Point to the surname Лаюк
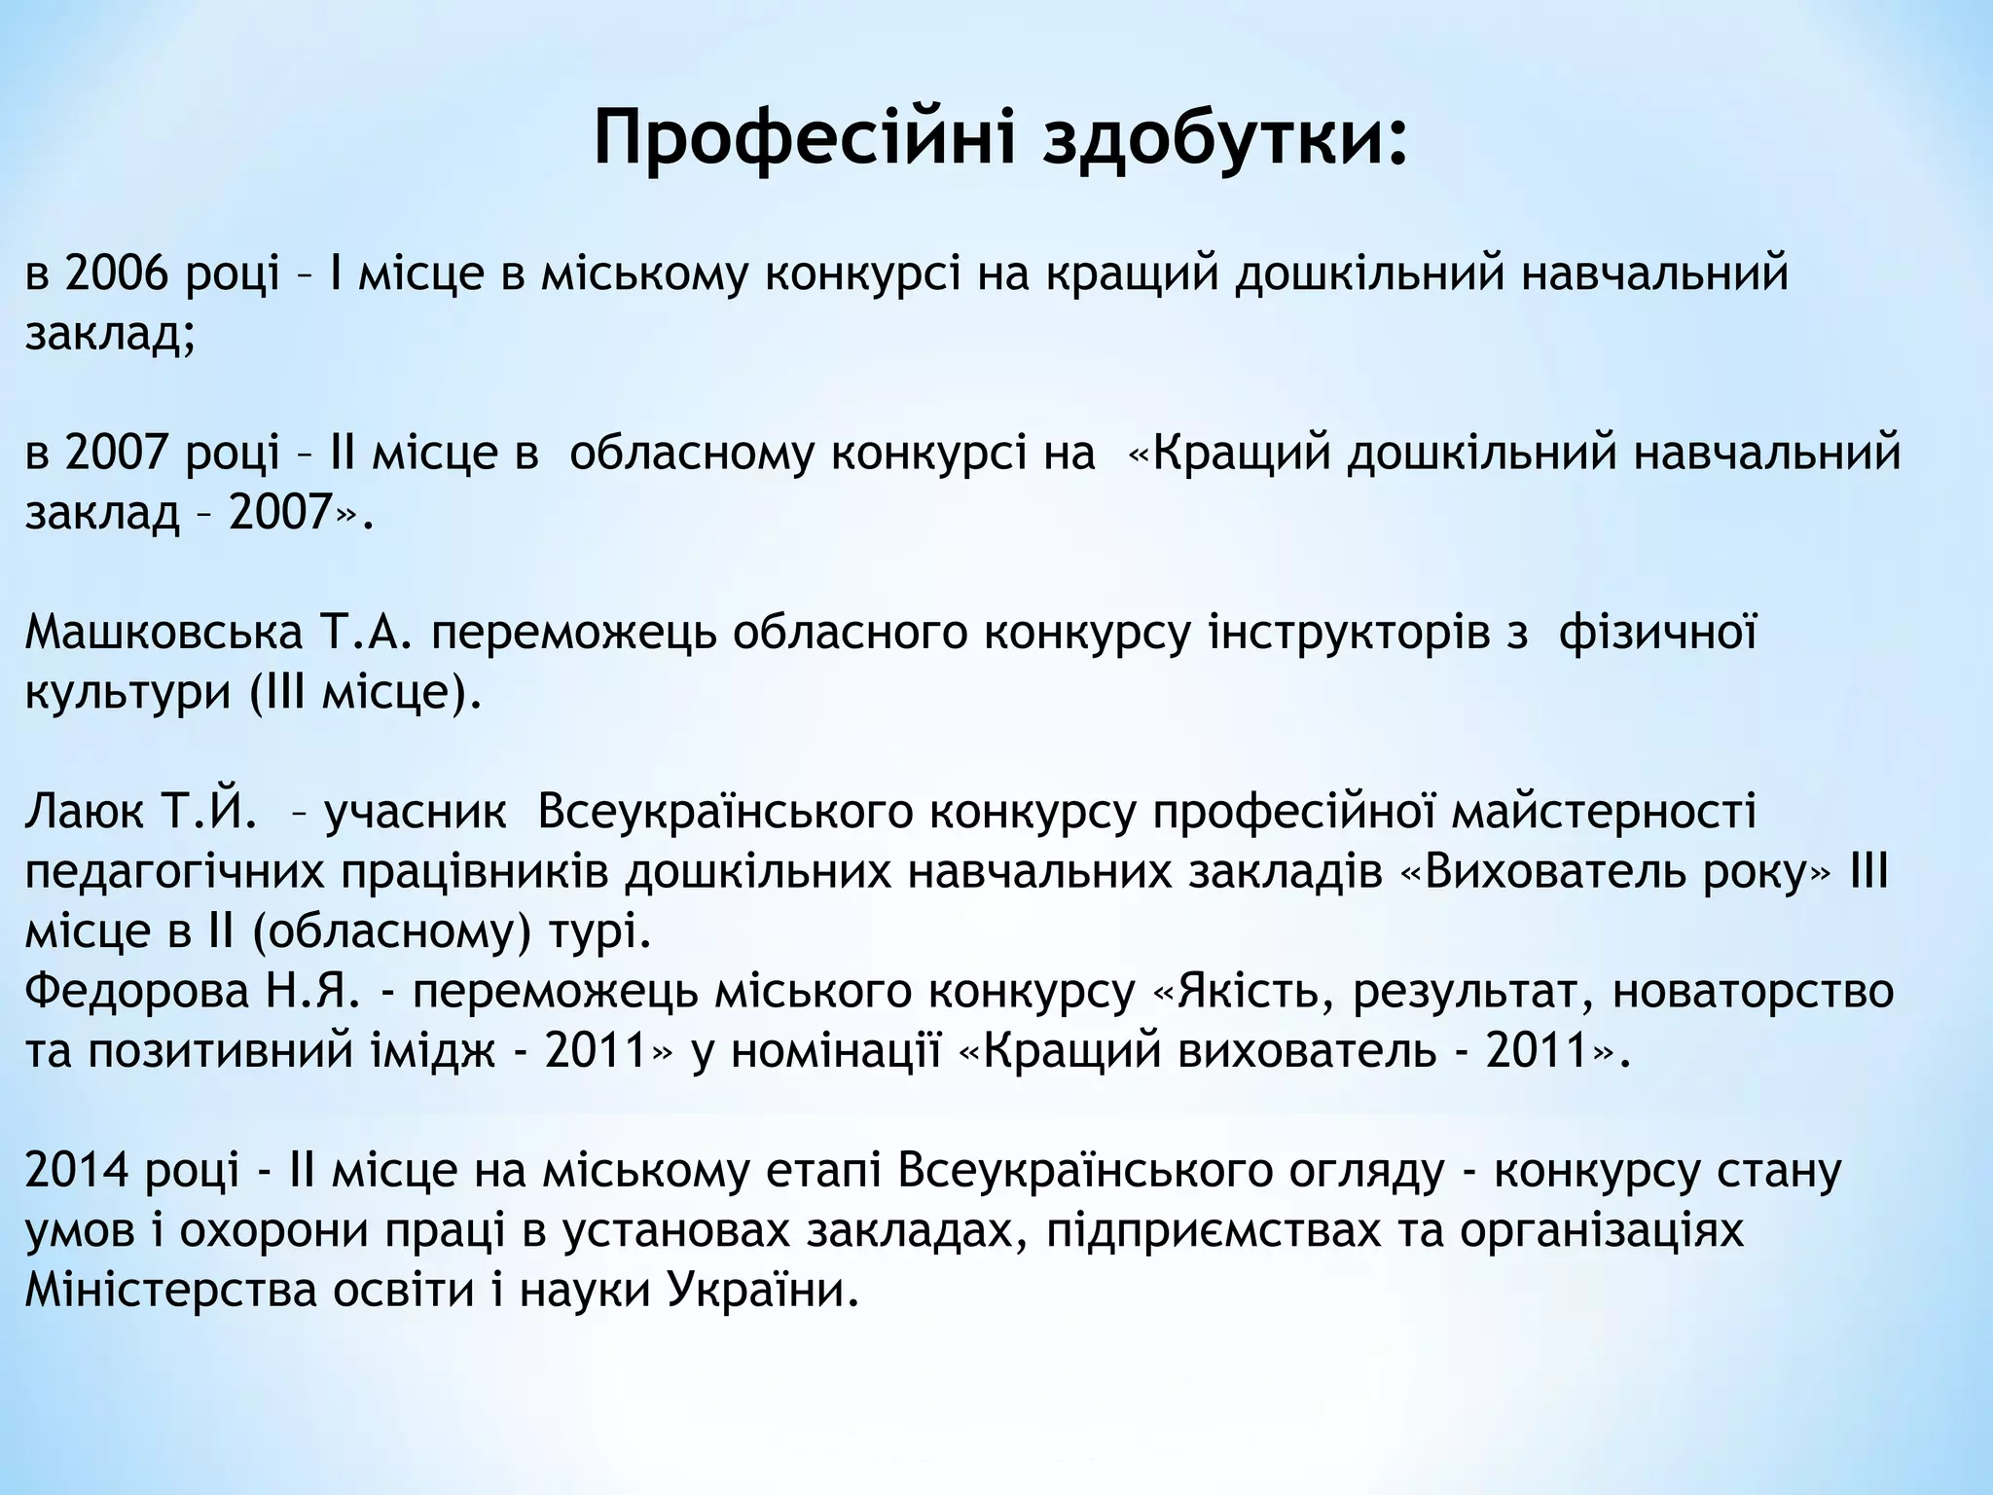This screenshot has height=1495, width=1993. (x=86, y=812)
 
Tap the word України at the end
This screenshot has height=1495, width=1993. (x=764, y=1291)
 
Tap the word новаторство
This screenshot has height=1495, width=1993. (x=1753, y=992)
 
